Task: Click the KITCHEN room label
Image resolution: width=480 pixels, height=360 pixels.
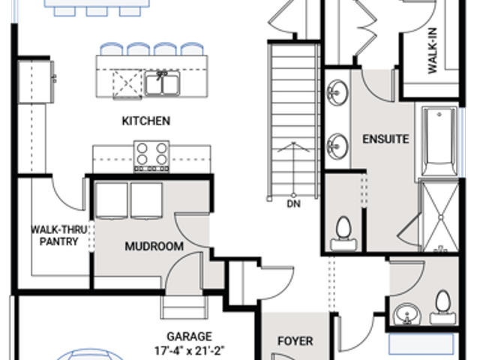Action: tap(146, 121)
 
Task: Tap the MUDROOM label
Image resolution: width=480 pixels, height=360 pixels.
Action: tap(154, 246)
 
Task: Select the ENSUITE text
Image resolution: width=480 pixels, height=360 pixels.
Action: tap(385, 139)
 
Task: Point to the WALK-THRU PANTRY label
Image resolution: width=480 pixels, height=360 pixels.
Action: tap(59, 235)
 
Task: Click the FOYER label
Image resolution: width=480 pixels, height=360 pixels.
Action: tap(295, 341)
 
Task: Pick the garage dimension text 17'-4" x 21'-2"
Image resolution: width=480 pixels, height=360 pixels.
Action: tap(190, 350)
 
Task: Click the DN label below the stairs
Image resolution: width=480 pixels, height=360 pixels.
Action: tap(293, 204)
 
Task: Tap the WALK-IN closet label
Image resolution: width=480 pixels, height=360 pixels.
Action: tap(432, 50)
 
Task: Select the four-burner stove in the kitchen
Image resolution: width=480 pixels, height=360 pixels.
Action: tap(151, 156)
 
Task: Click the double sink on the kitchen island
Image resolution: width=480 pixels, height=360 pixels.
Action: tap(162, 83)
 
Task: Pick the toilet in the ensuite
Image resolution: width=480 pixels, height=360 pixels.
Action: tap(343, 233)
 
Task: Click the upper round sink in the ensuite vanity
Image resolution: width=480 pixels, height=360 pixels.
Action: tap(337, 92)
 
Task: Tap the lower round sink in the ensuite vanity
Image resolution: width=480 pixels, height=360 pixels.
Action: tap(337, 146)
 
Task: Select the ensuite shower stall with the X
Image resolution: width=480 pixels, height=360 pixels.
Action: tap(440, 217)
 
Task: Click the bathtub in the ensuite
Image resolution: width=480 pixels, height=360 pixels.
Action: tap(439, 141)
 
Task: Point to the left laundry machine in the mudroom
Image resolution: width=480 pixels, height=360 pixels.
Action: tap(112, 200)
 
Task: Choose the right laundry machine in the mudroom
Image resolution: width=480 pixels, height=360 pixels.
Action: tap(147, 200)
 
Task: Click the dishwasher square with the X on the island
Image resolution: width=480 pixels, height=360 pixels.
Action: tap(127, 84)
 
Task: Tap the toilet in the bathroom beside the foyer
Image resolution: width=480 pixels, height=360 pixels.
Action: tap(442, 307)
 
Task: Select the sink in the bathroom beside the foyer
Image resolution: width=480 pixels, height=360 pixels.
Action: tap(407, 313)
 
